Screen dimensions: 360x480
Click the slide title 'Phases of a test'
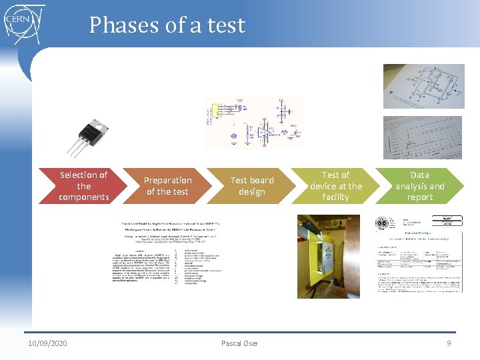(x=167, y=25)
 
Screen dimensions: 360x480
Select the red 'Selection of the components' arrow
(x=80, y=186)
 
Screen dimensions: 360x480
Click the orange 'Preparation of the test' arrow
(x=167, y=186)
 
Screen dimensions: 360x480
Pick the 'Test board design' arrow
(x=251, y=186)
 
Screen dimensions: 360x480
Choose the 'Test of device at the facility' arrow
(x=335, y=186)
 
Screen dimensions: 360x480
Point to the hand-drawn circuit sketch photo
(x=423, y=87)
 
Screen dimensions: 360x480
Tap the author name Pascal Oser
(x=239, y=343)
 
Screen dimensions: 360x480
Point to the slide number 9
(x=449, y=343)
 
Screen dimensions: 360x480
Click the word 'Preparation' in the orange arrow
(x=168, y=181)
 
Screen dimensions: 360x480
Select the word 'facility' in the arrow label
(x=335, y=197)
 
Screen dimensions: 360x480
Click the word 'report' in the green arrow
(x=420, y=197)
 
